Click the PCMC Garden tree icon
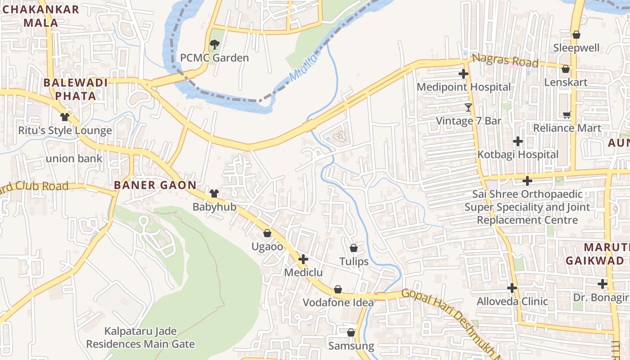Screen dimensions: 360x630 point(214,44)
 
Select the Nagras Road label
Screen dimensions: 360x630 point(505,60)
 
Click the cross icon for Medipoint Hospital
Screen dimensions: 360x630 point(463,74)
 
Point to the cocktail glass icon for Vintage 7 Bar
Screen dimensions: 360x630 point(468,108)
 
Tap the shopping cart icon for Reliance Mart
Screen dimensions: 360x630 point(567,115)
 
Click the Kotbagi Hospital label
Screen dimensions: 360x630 point(518,154)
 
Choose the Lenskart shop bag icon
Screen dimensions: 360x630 point(566,69)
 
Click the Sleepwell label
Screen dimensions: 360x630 point(576,48)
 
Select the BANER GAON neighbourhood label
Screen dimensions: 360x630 point(155,185)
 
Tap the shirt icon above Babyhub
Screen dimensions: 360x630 point(214,193)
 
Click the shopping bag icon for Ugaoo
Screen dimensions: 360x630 point(267,233)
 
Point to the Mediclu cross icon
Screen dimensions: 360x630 point(303,259)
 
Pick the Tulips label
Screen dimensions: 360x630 point(354,261)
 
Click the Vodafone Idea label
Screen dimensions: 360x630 point(338,302)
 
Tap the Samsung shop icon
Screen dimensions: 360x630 point(351,333)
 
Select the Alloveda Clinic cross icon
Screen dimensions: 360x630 point(512,288)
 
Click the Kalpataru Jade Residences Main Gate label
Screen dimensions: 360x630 point(140,338)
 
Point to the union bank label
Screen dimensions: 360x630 point(74,158)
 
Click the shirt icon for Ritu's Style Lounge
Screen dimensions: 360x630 point(65,117)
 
